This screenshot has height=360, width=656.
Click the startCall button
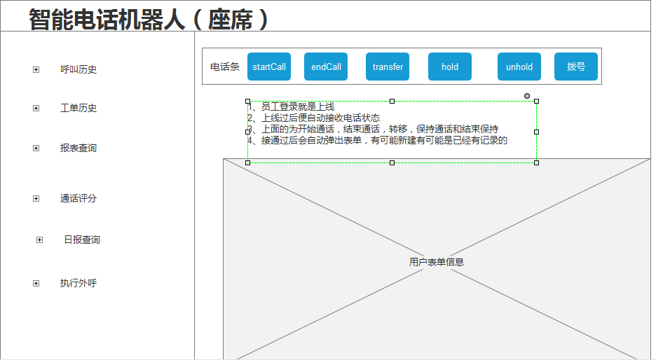click(269, 67)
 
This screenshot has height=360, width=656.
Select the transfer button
click(388, 67)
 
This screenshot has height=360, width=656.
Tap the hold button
click(450, 67)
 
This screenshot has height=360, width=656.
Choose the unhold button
click(519, 67)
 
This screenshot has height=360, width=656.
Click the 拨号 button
click(576, 67)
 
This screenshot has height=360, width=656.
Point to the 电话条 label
click(225, 67)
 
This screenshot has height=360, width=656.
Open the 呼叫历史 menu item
click(78, 69)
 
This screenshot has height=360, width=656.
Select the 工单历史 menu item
click(78, 109)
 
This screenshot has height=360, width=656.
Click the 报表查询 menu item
click(78, 148)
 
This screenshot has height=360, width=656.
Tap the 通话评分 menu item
click(78, 198)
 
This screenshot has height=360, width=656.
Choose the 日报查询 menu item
click(82, 240)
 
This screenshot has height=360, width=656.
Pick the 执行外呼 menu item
click(78, 283)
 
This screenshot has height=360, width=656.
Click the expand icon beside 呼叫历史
click(36, 70)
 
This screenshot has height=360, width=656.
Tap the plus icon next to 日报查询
click(39, 240)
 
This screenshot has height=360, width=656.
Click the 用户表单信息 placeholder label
click(437, 262)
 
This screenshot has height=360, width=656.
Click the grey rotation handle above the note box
click(527, 96)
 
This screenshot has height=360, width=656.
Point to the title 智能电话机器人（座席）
click(148, 19)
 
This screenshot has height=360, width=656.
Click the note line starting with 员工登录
click(291, 107)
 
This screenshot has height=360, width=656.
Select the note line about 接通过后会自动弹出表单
click(377, 141)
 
